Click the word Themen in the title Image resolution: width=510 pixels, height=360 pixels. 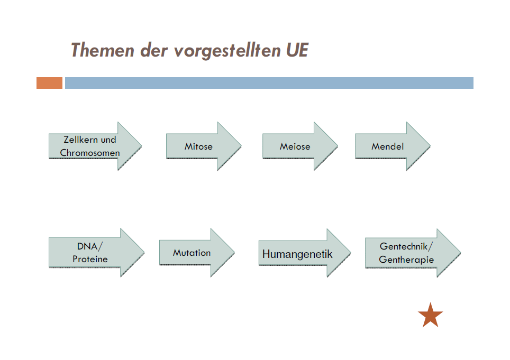pos(103,50)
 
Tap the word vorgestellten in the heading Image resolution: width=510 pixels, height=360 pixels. pos(227,50)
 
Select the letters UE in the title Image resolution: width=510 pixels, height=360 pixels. pos(297,50)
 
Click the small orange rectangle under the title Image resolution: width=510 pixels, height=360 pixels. pos(49,83)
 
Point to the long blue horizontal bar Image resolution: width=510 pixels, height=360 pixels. pos(269,83)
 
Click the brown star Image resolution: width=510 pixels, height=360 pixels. pos(430,315)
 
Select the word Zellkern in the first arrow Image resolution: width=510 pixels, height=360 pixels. pos(80,140)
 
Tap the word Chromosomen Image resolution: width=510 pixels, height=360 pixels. pos(90,152)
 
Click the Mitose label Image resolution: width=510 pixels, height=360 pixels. pos(198,146)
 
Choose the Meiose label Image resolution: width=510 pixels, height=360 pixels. pos(295,146)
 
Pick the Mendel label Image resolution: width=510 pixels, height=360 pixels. pos(388,146)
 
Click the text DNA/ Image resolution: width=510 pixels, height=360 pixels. pos(90,246)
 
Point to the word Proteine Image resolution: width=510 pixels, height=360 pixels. pos(90,259)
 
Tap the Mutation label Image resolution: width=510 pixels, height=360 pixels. pos(192,253)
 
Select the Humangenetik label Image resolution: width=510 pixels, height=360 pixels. pos(297,254)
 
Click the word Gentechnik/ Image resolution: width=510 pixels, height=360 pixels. pos(406,246)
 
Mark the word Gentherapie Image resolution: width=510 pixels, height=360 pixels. pos(406,259)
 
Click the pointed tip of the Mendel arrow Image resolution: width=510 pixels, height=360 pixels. pos(430,146)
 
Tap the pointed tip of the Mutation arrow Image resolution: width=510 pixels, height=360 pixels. pos(234,253)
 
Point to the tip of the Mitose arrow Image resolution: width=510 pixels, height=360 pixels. pos(241,146)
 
